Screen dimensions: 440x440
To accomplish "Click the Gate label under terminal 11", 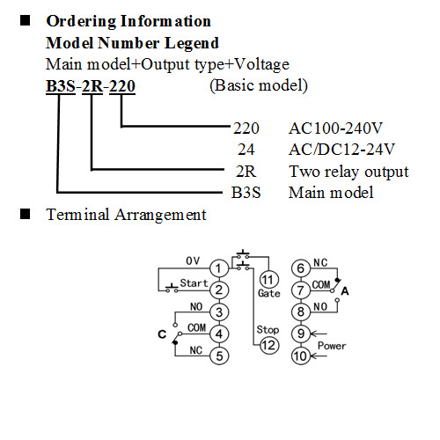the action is (269, 294).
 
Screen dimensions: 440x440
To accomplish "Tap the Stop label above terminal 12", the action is (268, 330).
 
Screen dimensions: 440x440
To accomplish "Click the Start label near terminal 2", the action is (194, 283).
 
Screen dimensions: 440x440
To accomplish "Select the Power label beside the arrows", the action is (332, 346).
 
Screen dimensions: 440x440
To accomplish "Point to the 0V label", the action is (193, 260).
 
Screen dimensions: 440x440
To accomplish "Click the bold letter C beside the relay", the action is (162, 334).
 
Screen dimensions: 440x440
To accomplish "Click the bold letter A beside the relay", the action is (345, 291).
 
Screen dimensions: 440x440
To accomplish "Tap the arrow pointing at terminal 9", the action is (319, 334).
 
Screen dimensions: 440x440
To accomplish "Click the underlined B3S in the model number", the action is (61, 86).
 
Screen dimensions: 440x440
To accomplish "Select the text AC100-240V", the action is (335, 128).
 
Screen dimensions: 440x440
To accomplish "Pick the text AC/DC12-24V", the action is (341, 150).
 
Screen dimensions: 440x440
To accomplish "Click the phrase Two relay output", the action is (348, 172).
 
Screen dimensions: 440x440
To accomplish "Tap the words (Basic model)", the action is (259, 85).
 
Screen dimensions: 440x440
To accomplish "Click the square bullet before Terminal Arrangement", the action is (25, 214).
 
